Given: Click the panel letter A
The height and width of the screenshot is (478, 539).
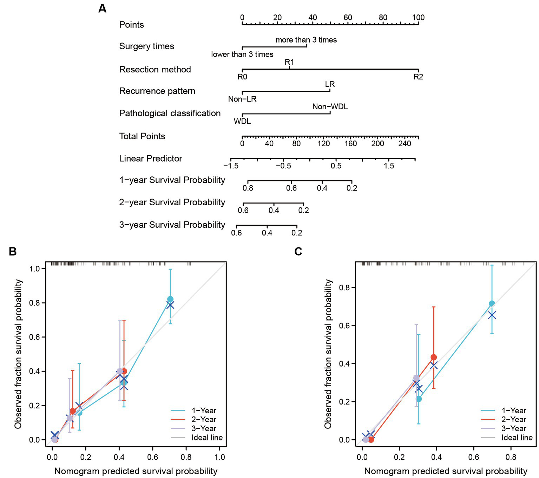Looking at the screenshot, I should click(102, 8).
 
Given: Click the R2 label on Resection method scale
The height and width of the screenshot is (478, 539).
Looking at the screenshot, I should click(418, 77).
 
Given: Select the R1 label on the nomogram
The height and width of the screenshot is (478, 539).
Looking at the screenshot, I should click(289, 62).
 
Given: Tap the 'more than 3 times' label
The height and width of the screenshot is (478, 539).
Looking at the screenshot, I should click(306, 40).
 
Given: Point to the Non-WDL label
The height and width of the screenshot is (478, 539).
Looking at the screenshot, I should click(330, 107).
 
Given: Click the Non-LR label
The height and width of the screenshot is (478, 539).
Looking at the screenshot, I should click(242, 99).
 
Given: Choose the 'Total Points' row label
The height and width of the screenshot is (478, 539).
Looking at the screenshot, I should click(142, 136).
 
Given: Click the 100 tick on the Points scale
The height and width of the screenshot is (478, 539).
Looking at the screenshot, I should click(418, 18).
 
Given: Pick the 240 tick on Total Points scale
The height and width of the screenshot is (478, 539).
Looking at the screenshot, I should click(405, 143).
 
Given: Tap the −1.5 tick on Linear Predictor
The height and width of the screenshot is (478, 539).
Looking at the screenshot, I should click(231, 166).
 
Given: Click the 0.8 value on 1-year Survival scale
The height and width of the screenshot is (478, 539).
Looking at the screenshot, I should click(248, 188).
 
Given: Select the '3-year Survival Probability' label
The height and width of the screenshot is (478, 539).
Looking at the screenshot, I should click(172, 225).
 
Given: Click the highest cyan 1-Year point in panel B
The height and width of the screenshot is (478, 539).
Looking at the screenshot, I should click(170, 299).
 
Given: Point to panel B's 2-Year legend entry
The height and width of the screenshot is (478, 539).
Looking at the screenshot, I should click(204, 419).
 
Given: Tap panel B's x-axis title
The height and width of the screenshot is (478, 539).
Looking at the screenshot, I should click(136, 471).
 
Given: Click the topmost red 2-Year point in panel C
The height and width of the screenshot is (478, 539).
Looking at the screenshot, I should click(434, 357).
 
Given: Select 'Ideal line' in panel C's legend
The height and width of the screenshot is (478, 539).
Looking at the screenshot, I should click(517, 438).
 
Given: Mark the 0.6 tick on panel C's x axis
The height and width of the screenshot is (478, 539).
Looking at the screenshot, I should click(473, 457).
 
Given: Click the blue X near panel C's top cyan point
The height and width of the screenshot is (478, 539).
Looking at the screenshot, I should click(492, 315).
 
